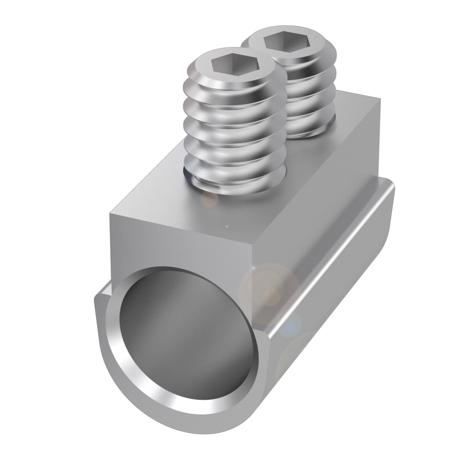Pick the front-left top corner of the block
tap(111, 213)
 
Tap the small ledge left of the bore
tap(103, 292)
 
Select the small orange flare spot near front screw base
tap(210, 199)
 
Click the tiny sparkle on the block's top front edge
tap(227, 226)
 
